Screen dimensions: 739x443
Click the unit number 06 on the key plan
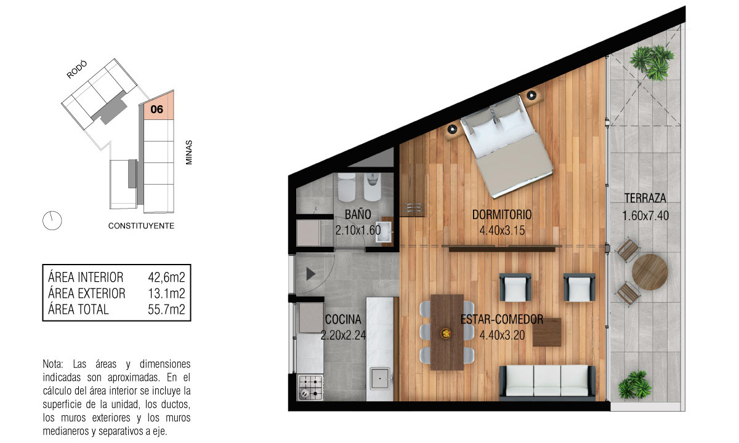tap(156, 109)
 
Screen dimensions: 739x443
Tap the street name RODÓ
tap(77, 70)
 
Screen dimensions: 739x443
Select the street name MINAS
tap(188, 153)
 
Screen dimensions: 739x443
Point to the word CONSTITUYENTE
tap(141, 226)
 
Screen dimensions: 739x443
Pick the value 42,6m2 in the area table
tap(166, 277)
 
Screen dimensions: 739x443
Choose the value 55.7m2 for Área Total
tap(166, 309)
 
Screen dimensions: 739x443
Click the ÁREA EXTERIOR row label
tap(87, 293)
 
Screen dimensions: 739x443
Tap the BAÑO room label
tap(358, 215)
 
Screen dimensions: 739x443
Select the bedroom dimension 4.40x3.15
tap(502, 230)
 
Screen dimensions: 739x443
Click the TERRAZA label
tap(645, 198)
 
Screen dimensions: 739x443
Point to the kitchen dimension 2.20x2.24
tap(344, 335)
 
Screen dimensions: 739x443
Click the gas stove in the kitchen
tap(310, 388)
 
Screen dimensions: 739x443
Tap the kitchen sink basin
tap(380, 378)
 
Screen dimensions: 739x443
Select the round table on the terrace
tap(650, 272)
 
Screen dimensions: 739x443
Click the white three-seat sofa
tap(547, 381)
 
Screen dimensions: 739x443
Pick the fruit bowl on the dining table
tap(446, 333)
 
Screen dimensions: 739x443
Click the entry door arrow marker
tap(310, 274)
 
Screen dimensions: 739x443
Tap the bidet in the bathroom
tap(373, 187)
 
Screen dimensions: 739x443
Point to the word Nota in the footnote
tap(53, 364)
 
